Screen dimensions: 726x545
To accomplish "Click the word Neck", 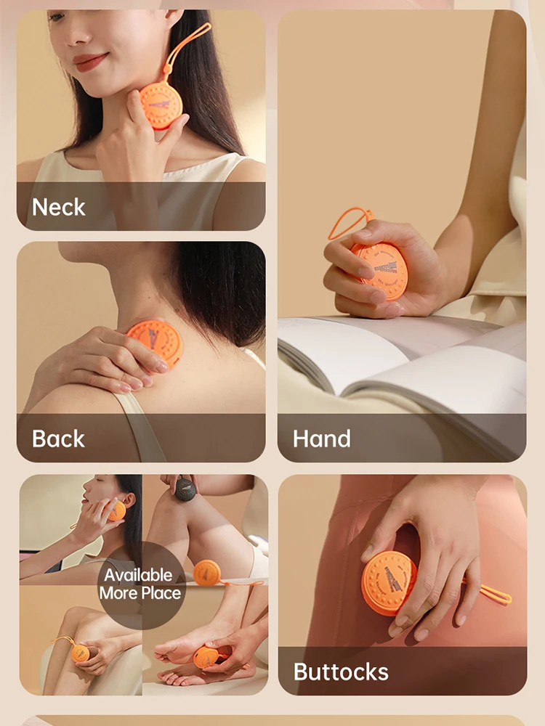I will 59,207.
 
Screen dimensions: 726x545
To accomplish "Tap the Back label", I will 58,439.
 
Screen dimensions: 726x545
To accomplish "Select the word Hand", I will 322,439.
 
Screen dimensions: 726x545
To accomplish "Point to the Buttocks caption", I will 341,672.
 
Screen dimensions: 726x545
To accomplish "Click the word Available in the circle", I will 138,576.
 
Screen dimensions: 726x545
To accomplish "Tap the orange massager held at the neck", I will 161,105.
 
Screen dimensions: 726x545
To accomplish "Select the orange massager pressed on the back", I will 156,341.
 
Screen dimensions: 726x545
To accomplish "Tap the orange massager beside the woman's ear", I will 117,510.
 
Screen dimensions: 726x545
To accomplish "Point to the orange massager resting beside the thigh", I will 206,573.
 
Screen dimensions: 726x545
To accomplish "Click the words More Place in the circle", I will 140,593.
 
